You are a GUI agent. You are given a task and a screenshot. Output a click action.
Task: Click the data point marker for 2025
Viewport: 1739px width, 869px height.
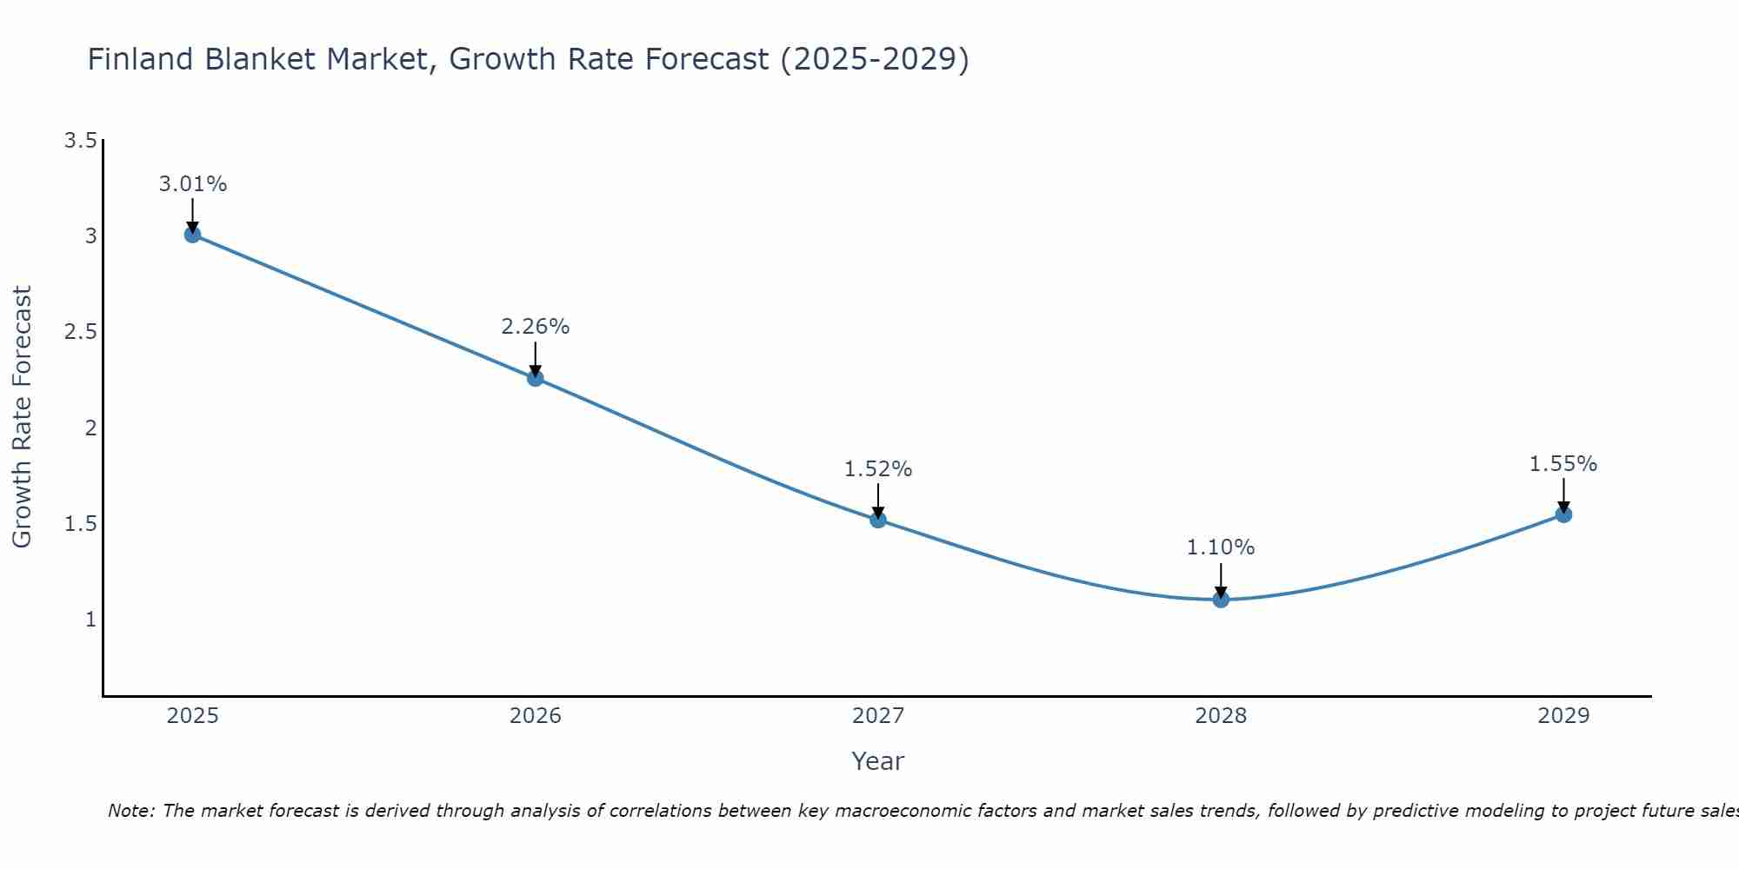(192, 235)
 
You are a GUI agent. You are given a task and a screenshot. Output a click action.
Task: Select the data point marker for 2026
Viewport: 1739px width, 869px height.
(535, 378)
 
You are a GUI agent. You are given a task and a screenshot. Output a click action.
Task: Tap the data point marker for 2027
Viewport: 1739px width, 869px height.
(878, 520)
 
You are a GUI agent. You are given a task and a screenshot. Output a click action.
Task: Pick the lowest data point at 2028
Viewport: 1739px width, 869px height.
(1221, 600)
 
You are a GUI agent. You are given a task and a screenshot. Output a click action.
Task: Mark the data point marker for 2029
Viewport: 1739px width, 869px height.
(1563, 514)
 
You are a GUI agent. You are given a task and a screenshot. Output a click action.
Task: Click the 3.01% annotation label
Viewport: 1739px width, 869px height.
(192, 184)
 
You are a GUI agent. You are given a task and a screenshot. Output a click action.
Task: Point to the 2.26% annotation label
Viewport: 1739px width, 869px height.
(535, 327)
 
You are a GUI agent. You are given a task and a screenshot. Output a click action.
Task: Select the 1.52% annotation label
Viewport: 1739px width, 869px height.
(878, 469)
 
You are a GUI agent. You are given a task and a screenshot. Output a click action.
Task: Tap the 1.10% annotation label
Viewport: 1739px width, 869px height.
(1221, 547)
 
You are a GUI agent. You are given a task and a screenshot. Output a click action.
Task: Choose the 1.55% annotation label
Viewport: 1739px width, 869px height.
(1563, 464)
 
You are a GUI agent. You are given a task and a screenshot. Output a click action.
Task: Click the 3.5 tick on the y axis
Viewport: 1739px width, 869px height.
(80, 141)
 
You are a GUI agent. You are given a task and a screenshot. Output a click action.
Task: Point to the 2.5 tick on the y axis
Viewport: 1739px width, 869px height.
(80, 332)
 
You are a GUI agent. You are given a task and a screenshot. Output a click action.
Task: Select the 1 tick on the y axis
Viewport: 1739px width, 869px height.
(90, 620)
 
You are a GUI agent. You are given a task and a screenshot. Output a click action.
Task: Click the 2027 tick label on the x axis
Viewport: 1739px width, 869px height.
(878, 716)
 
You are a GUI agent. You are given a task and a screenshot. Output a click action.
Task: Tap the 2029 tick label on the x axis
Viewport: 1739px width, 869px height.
(1563, 716)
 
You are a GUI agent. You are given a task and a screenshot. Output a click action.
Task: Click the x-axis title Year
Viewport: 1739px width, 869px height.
(878, 761)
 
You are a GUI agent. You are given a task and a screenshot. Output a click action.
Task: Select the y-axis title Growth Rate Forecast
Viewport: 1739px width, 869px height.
(22, 417)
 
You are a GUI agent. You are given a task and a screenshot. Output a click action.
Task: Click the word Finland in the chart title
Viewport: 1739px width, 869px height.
(141, 59)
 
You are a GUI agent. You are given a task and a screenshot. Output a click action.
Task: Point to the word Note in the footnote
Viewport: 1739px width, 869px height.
(130, 811)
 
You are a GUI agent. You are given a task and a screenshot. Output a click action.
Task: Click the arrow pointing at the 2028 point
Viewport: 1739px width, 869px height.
(1221, 580)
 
